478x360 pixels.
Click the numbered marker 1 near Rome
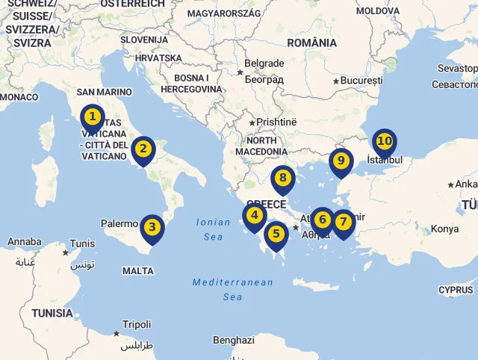92,117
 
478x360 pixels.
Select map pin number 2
143,149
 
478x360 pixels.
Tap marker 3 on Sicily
152,227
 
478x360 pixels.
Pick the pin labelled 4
255,216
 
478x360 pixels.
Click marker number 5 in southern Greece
276,234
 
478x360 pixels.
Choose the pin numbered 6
322,220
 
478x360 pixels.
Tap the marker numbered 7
343,222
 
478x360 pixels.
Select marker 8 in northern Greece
282,179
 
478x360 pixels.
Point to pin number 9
341,161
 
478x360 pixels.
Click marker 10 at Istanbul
385,141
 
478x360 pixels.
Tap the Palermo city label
119,223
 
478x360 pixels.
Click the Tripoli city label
137,325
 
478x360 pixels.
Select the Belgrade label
264,63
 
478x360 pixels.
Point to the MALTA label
138,271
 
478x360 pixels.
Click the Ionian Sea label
214,229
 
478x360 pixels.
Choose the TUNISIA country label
52,313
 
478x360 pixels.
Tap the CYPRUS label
456,290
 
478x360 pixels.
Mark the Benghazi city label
234,340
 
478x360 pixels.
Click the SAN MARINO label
104,93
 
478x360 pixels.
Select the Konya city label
444,229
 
